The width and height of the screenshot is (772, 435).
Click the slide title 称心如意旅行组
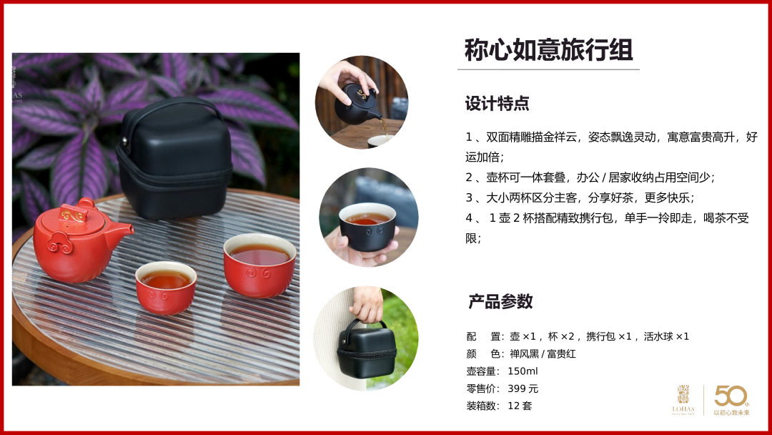tap(548, 50)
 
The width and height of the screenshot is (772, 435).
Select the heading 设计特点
tap(498, 104)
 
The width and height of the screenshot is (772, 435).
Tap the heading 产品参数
tap(500, 301)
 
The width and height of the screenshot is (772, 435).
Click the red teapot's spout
tap(121, 232)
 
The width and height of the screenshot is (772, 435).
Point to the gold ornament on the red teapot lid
tap(72, 215)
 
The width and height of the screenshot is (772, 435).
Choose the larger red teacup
tap(259, 265)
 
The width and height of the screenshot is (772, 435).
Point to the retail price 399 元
tap(523, 388)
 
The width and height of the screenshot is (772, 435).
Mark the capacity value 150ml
tap(523, 371)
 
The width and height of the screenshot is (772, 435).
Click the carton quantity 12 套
tap(520, 406)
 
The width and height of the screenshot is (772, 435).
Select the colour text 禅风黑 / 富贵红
tap(543, 353)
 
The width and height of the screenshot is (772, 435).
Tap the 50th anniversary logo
tap(732, 400)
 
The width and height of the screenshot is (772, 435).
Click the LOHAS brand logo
tap(683, 400)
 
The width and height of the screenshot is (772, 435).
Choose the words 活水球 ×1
tap(667, 336)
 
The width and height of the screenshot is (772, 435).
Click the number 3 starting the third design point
tap(469, 198)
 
